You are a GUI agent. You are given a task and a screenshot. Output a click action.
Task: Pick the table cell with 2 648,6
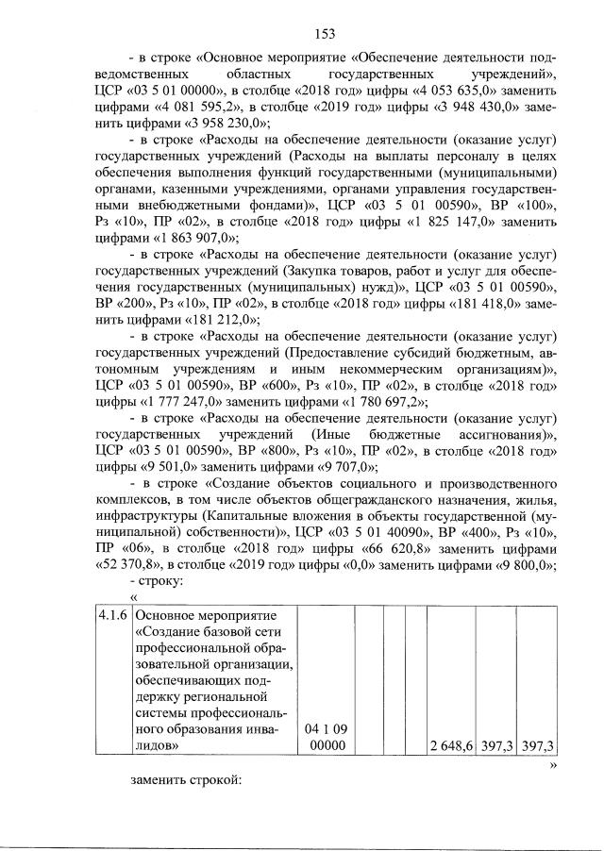point(449,746)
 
